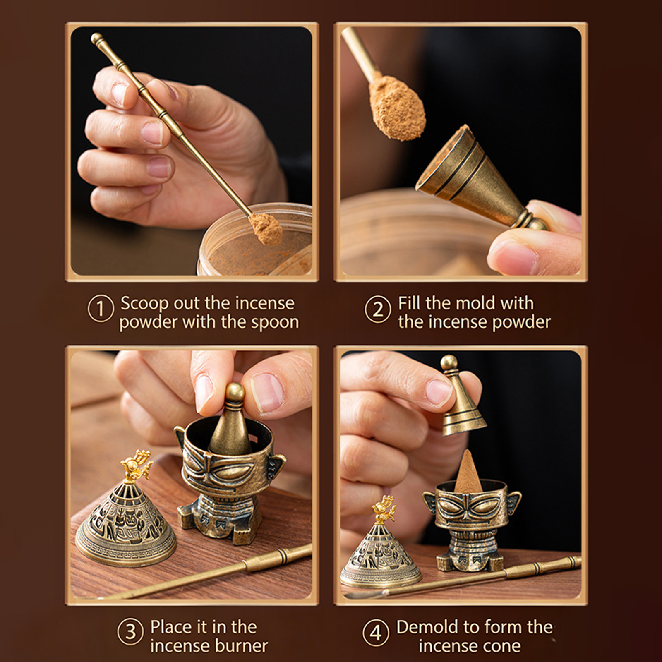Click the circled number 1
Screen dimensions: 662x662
click(101, 309)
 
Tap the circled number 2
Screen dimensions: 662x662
click(377, 309)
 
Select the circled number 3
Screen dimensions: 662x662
click(130, 632)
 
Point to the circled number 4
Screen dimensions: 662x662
click(376, 632)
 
